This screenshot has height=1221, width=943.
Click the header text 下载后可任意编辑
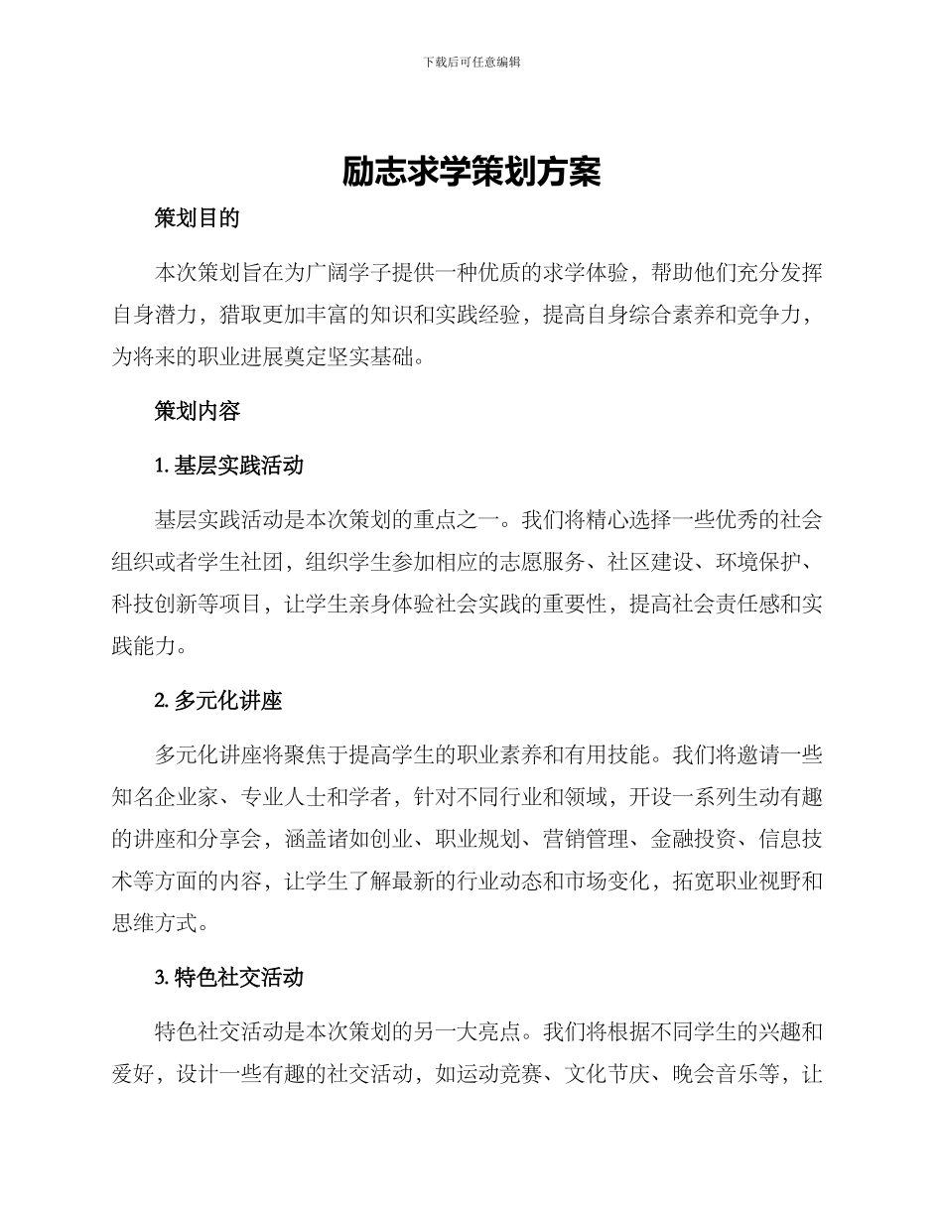click(x=471, y=62)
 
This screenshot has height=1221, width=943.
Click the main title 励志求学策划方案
click(x=471, y=172)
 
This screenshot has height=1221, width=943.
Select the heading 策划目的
click(x=197, y=219)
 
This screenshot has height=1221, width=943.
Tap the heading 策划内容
click(x=197, y=411)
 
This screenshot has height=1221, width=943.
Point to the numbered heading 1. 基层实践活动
click(x=228, y=466)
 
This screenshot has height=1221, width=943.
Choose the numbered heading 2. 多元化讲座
click(x=218, y=701)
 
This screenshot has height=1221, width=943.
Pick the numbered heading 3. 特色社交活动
click(x=228, y=978)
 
